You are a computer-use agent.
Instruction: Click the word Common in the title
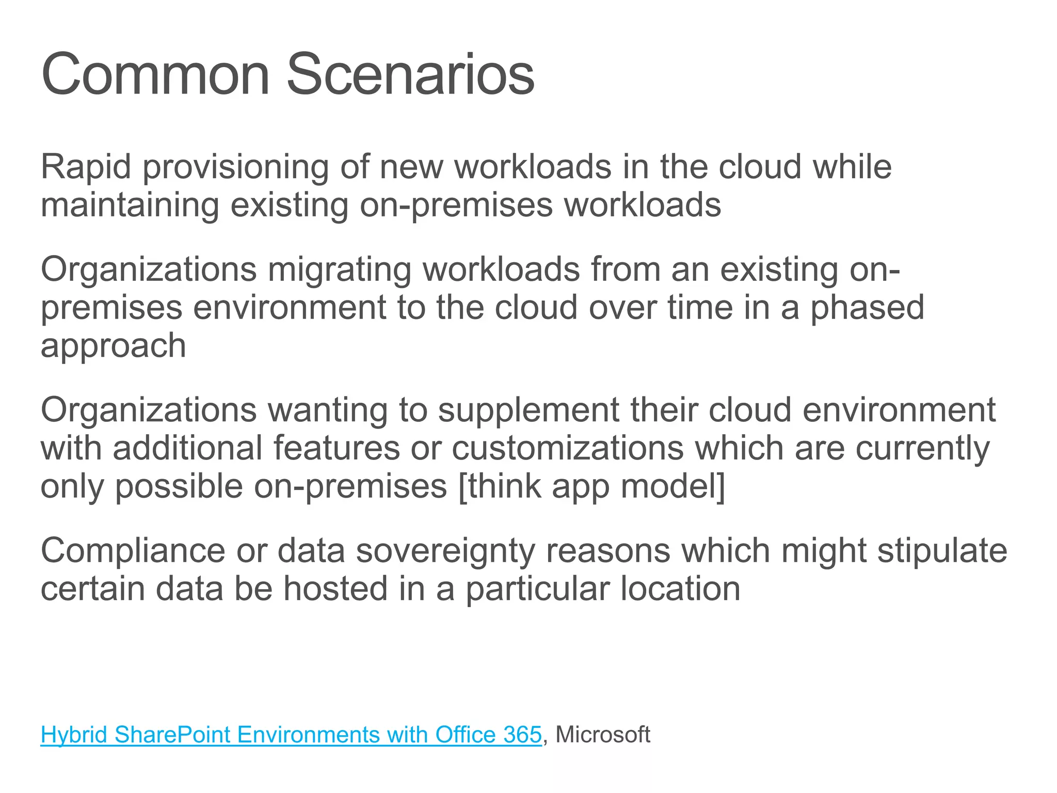155,75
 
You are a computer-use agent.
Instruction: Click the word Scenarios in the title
410,75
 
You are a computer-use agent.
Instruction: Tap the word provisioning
235,168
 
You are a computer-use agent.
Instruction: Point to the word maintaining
130,205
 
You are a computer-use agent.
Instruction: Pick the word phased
867,308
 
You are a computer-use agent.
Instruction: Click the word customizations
568,448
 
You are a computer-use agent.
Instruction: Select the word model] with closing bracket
673,486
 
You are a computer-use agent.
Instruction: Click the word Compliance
133,551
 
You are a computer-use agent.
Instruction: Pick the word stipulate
942,551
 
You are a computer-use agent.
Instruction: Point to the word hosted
335,589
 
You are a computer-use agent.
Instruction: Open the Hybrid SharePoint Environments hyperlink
291,735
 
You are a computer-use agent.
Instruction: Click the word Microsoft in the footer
603,735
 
